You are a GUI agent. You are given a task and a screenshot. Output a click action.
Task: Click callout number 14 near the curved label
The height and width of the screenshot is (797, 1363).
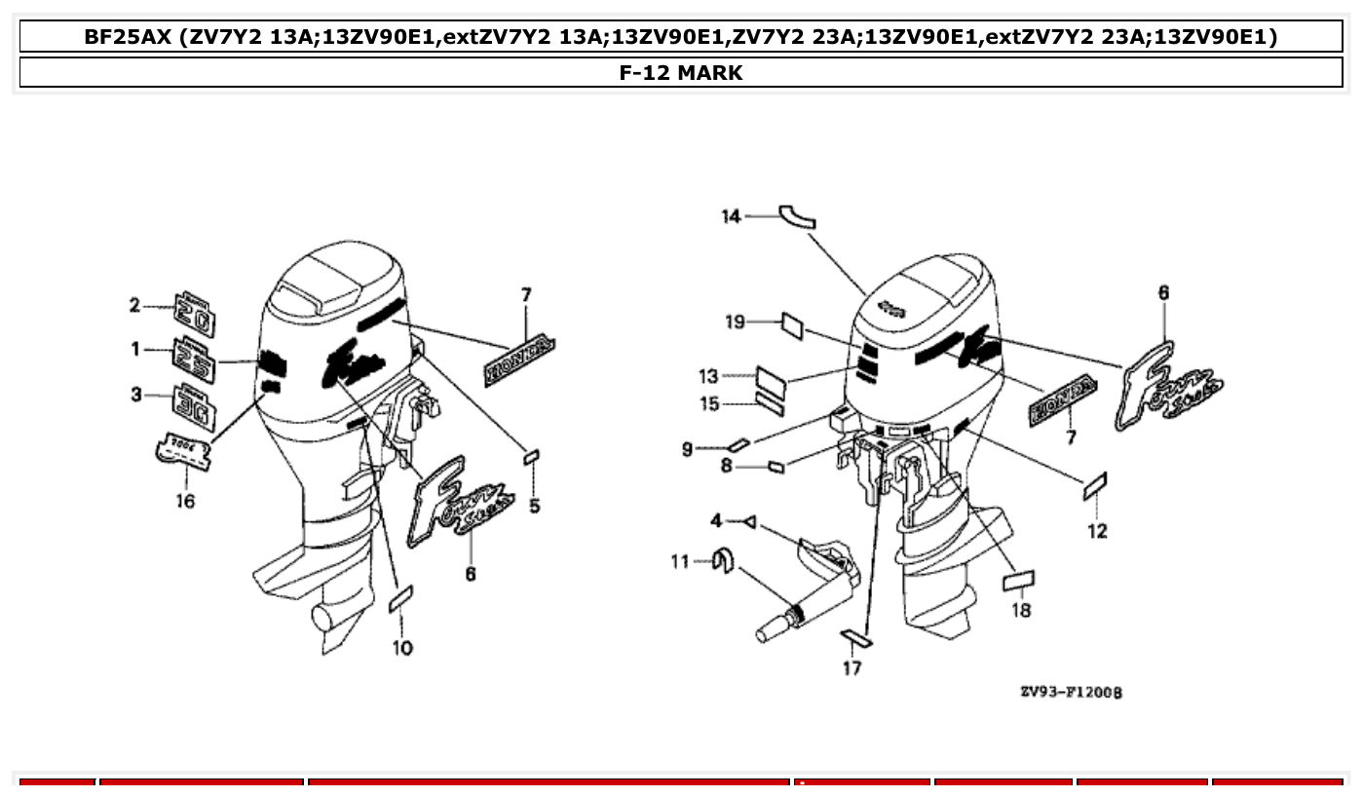(x=731, y=216)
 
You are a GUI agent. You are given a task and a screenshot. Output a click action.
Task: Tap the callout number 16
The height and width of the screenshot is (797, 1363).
(x=184, y=501)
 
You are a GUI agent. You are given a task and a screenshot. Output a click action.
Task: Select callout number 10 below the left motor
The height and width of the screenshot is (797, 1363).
(x=402, y=648)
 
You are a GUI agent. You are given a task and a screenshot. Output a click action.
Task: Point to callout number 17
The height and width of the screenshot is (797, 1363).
(x=852, y=668)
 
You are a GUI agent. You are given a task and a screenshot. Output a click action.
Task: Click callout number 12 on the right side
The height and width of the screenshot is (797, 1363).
(x=1097, y=531)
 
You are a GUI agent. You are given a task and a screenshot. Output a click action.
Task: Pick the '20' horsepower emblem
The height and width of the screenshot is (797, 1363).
(x=195, y=313)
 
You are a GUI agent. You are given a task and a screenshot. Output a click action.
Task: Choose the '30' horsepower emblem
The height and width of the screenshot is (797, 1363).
(x=195, y=404)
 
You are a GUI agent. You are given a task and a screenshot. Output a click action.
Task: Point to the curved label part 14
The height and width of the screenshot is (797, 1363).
(x=797, y=216)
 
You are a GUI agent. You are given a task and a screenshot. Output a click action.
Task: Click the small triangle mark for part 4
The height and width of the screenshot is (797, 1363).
(x=748, y=523)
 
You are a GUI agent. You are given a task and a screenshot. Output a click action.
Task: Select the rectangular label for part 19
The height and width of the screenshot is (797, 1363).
(x=790, y=325)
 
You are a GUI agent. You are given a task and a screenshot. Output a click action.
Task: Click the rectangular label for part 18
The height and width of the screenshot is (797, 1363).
(x=1019, y=582)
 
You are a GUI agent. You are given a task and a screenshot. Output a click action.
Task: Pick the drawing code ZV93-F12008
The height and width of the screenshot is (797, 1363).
(x=1071, y=692)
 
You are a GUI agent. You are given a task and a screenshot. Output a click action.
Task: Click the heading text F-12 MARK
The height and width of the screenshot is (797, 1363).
(x=681, y=73)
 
